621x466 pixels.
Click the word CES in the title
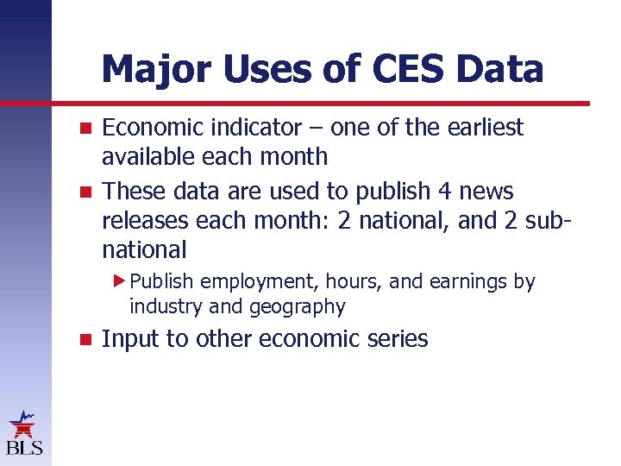[411, 69]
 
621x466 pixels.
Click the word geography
[298, 307]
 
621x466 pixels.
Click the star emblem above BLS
[23, 425]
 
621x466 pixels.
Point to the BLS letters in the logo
[24, 448]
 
